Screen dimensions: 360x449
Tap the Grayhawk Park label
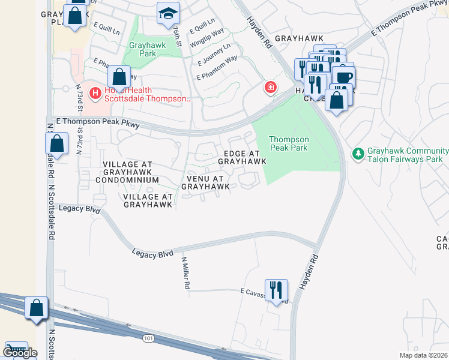tap(142, 49)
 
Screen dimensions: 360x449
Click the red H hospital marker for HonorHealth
tap(95, 93)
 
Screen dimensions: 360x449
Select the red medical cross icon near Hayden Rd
tap(271, 88)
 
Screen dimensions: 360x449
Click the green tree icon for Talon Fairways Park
tap(358, 154)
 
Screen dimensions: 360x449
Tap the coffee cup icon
tap(344, 77)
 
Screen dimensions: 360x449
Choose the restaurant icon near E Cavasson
tap(276, 290)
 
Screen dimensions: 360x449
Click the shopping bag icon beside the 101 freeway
tap(37, 308)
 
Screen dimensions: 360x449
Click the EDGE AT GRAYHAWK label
tap(242, 157)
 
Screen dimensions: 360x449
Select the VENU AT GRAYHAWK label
tap(206, 182)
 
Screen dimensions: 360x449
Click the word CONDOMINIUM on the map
tap(130, 180)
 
